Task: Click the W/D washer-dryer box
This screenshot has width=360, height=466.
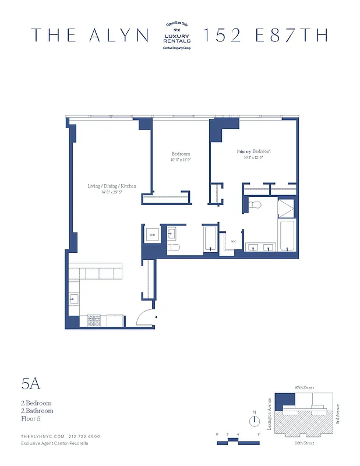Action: (x=152, y=235)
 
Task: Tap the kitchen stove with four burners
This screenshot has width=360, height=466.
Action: (x=95, y=319)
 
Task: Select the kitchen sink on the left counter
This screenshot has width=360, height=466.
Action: (x=74, y=299)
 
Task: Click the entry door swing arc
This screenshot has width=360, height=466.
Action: (x=144, y=317)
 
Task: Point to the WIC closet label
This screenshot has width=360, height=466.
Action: (x=233, y=241)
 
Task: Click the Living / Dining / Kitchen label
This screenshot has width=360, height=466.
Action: (x=112, y=186)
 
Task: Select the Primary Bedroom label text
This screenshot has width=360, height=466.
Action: (x=253, y=151)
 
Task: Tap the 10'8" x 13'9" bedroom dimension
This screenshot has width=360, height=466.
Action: (x=181, y=160)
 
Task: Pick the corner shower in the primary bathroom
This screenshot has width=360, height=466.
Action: (x=286, y=208)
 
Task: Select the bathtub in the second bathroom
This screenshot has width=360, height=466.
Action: (x=210, y=239)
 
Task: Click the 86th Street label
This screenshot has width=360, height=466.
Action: (x=305, y=444)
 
